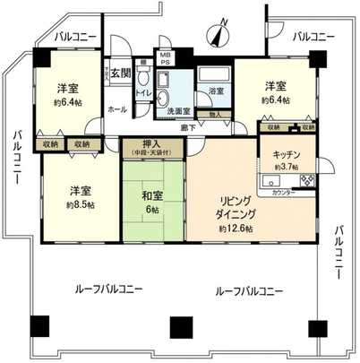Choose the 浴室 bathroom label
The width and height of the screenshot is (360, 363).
click(x=215, y=91)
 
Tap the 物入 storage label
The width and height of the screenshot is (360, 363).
click(x=215, y=114)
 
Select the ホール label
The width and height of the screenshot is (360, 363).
click(x=117, y=108)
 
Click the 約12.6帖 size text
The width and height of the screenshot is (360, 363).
click(x=236, y=228)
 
